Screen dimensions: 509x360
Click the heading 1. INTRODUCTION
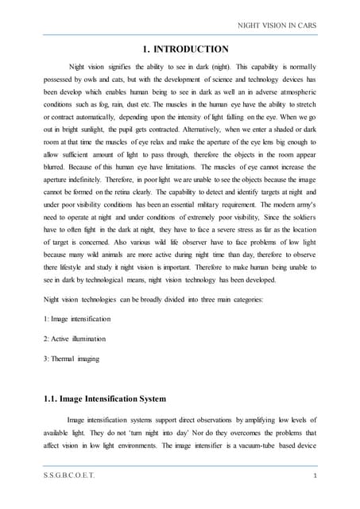(185, 49)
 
